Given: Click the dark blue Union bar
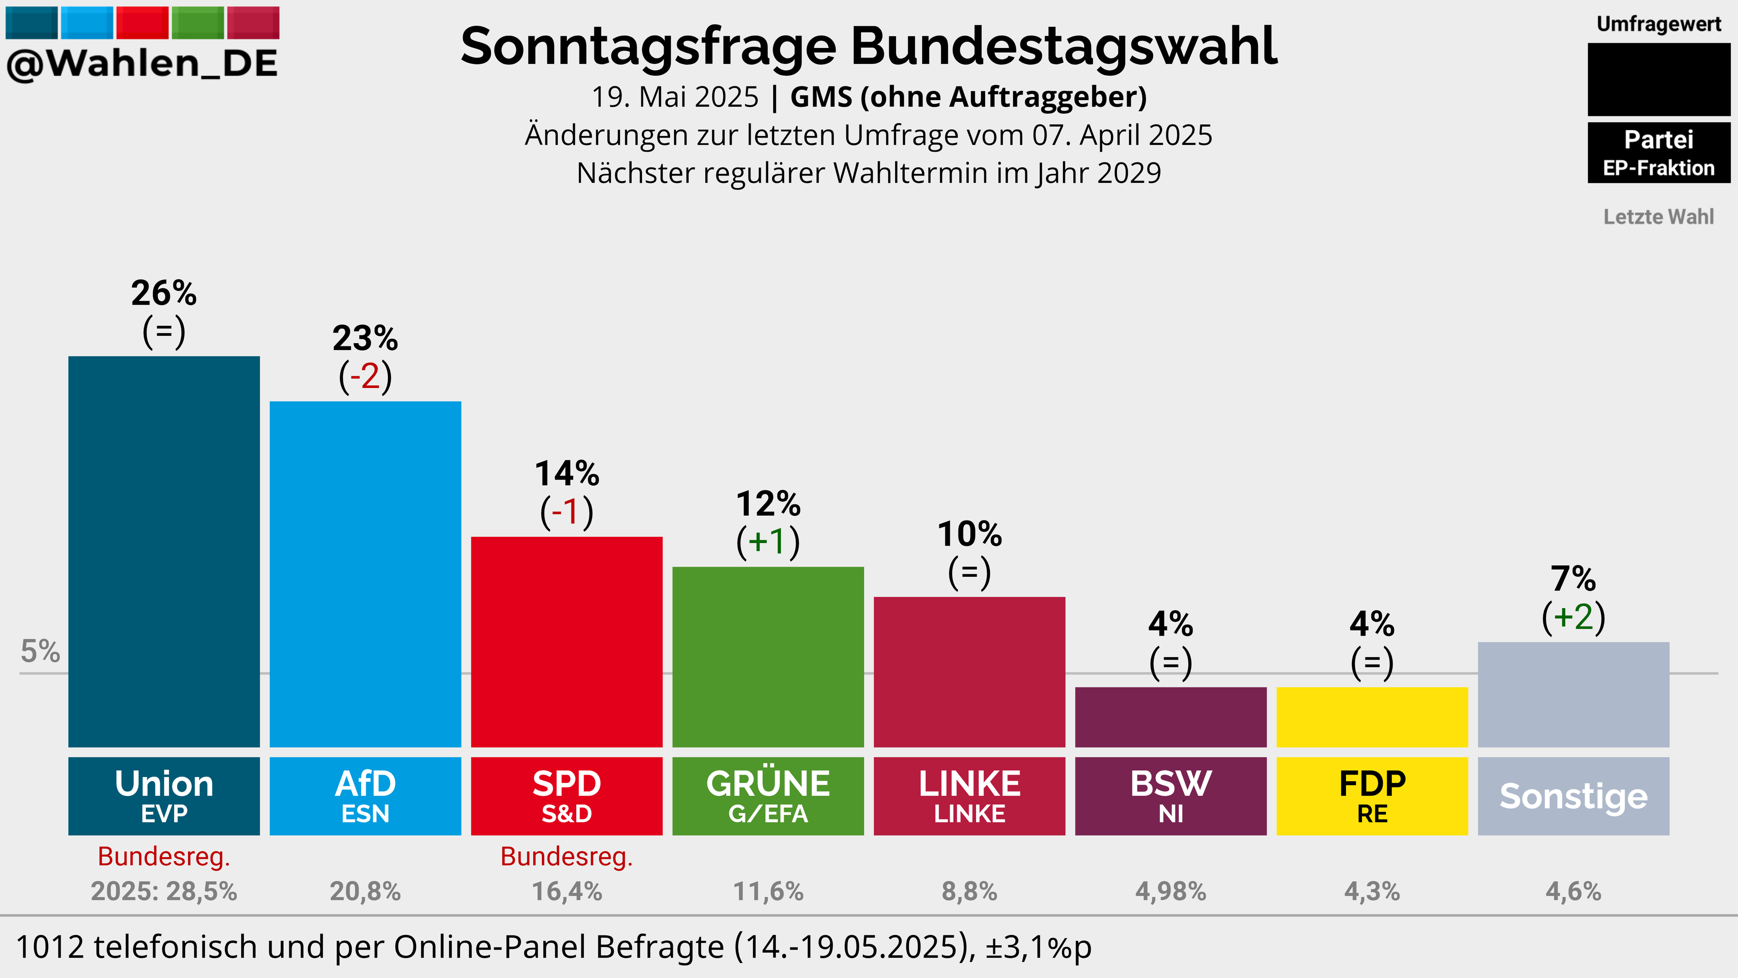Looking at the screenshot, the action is click(164, 551).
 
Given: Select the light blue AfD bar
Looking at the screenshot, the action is click(365, 575).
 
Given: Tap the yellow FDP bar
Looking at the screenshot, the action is click(1372, 717).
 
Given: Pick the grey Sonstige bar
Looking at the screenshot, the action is click(1573, 695).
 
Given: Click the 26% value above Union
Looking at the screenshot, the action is click(164, 293).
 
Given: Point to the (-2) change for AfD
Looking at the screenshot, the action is click(365, 376).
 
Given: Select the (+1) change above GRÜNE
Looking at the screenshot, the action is click(768, 542).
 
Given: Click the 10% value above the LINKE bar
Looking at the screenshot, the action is click(970, 534).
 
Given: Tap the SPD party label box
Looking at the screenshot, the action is click(567, 796).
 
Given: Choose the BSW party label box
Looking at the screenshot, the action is click(1171, 796).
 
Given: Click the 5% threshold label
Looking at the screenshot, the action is click(40, 652).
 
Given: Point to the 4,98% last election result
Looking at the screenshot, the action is click(1171, 892).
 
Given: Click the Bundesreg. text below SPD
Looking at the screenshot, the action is click(567, 857).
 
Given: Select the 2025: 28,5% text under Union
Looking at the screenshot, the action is click(164, 892).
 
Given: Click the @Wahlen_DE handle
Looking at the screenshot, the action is click(142, 63).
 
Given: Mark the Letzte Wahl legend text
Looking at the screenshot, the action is click(1658, 217).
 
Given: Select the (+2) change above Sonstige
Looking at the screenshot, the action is click(1573, 616).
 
